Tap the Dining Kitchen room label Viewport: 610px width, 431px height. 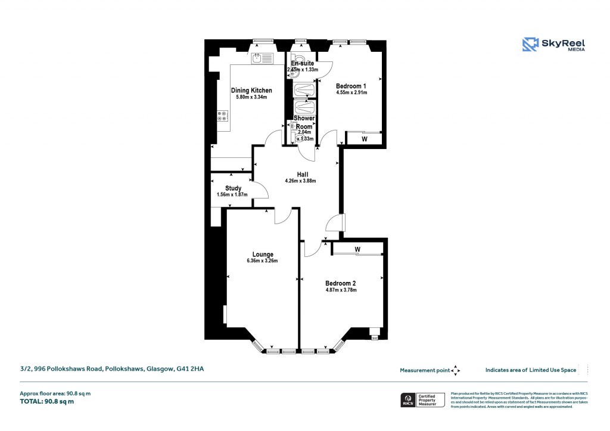251,91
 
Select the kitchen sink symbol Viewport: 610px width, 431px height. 262,58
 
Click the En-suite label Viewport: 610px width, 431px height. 302,63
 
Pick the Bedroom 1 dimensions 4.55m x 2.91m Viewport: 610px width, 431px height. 351,92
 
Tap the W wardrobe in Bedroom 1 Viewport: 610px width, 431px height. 364,139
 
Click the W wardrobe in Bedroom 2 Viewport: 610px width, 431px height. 357,249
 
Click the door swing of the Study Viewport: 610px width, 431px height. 260,190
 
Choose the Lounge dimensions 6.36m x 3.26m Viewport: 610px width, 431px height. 262,261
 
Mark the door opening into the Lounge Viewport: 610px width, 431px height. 282,217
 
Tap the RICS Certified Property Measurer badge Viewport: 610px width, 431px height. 422,400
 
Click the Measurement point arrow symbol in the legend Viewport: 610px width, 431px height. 456,370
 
